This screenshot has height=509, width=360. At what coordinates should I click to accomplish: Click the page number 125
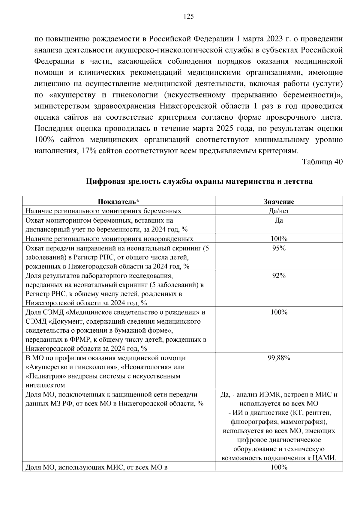(x=188, y=16)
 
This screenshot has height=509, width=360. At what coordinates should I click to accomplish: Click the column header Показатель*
(x=119, y=202)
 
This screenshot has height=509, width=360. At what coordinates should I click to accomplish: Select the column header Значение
(x=279, y=202)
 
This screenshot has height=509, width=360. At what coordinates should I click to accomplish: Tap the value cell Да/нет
(x=279, y=211)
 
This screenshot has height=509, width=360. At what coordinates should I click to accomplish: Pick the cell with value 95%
(x=279, y=248)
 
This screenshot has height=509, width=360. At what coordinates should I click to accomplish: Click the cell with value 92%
(x=279, y=276)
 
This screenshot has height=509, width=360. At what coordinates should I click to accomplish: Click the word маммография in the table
(x=306, y=422)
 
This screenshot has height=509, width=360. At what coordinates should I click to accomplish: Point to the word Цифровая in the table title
(x=103, y=181)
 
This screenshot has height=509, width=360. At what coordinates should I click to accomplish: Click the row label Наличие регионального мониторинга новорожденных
(x=109, y=239)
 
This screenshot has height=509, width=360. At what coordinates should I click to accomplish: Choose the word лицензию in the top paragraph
(x=49, y=84)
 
